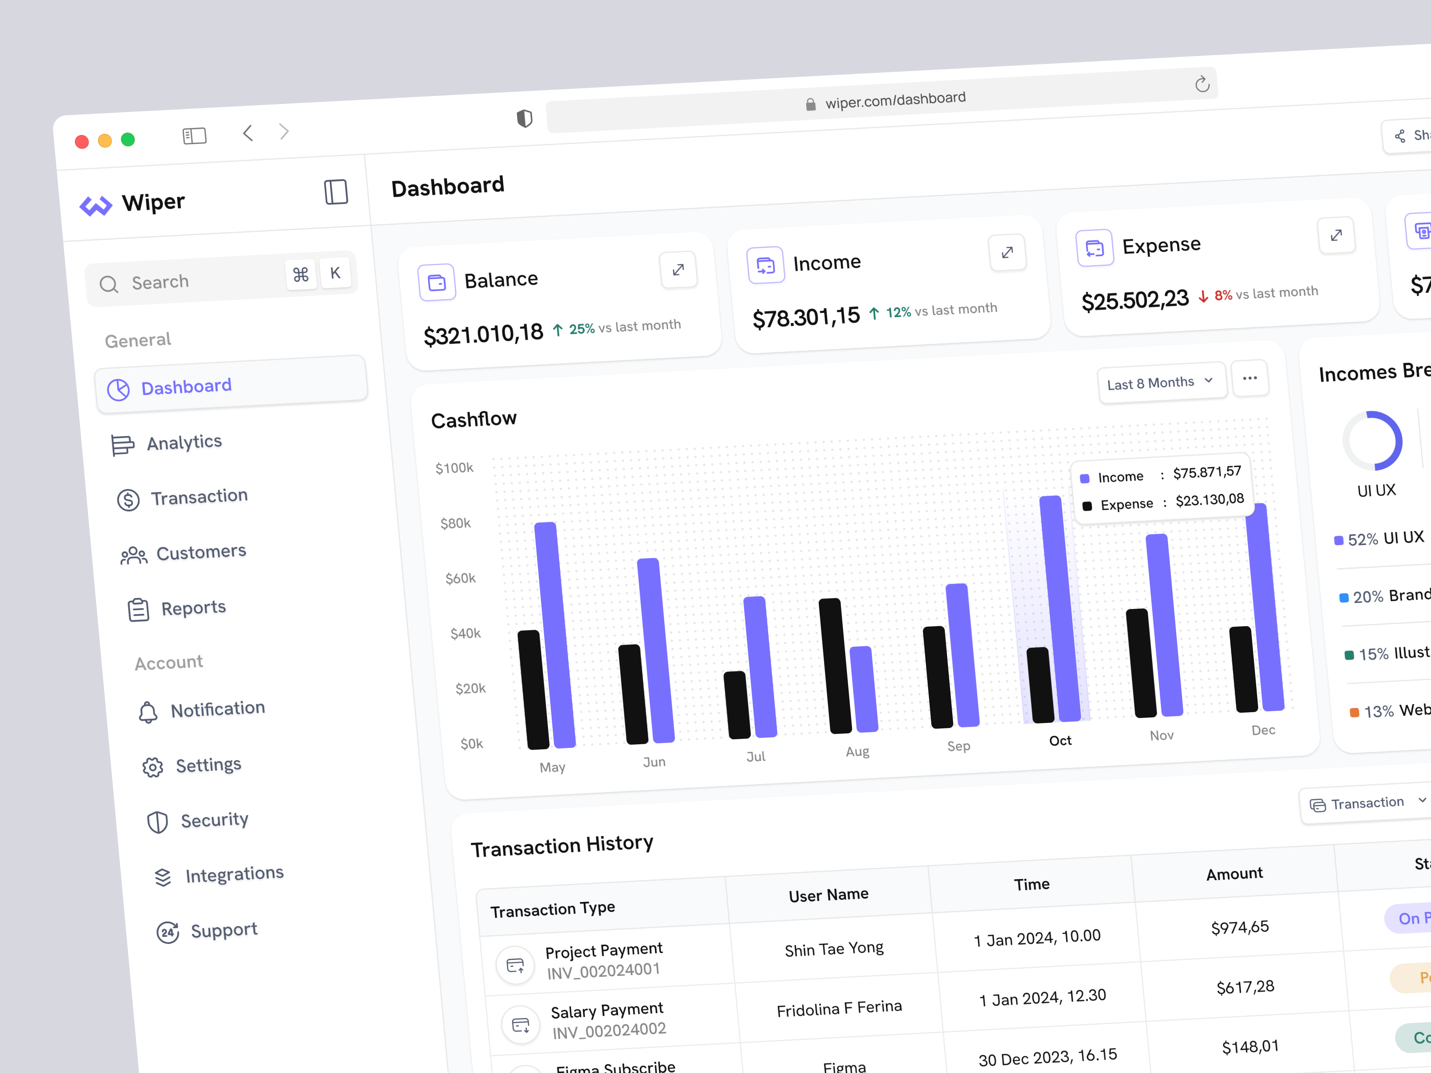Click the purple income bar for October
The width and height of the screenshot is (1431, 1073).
1060,608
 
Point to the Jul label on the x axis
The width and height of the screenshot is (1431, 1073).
756,756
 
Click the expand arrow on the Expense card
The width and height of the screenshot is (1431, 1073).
1336,235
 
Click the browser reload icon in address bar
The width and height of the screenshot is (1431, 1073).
1202,84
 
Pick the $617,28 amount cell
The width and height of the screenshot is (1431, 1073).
1245,987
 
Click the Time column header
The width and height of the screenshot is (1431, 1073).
1031,884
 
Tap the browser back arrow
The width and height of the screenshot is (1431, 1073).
248,133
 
